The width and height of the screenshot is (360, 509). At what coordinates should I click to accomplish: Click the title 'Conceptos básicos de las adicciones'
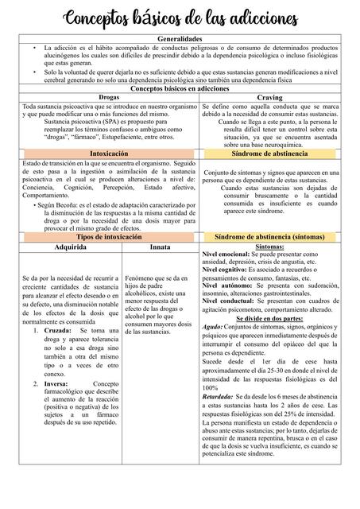180,17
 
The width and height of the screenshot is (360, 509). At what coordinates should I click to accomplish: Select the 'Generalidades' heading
180,39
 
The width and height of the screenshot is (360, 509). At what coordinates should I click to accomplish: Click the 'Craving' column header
269,97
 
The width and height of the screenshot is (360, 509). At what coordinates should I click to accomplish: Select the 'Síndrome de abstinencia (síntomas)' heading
269,238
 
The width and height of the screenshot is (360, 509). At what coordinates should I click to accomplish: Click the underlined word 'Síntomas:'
269,247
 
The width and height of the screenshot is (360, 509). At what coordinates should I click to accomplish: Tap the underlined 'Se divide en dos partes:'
269,317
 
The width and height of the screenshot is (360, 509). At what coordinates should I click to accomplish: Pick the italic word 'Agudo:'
212,326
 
